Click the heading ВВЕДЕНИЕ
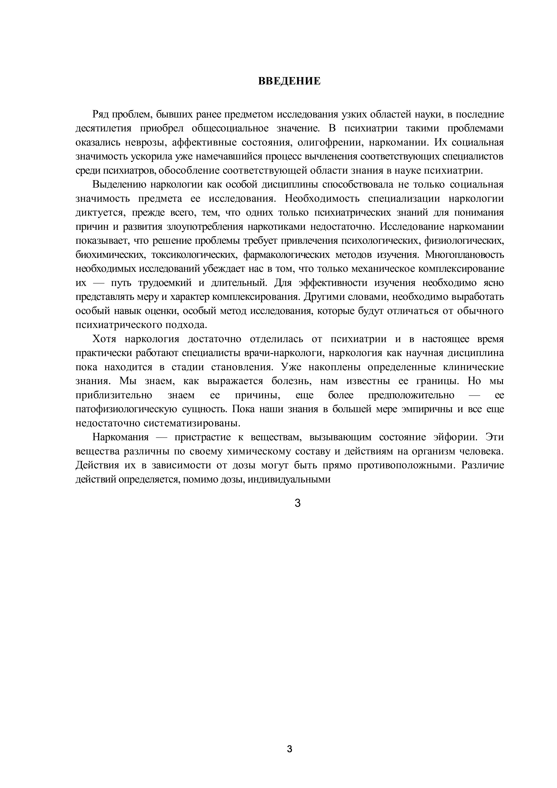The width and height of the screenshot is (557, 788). tap(289, 81)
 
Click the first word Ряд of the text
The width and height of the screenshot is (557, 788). tap(100, 114)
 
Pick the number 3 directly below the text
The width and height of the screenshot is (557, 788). tap(298, 503)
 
